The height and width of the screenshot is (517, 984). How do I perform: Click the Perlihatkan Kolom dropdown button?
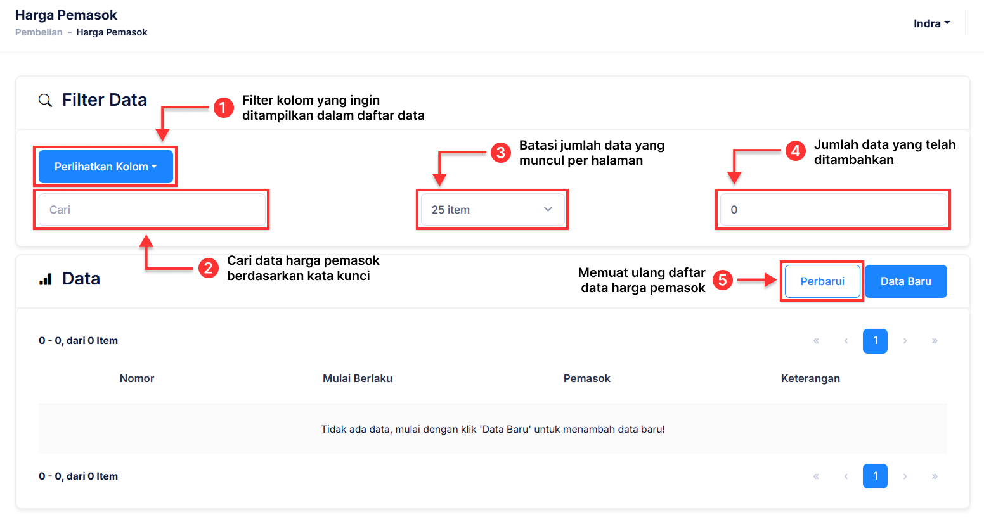click(105, 167)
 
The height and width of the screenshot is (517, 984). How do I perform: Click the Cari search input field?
click(152, 209)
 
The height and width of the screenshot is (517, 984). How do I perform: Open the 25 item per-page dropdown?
click(492, 209)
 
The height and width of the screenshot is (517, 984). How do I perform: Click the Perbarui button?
click(822, 281)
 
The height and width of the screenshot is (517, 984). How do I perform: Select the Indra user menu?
click(932, 23)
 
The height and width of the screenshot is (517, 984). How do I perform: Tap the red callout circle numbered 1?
click(224, 108)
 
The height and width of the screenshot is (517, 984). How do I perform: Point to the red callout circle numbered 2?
click(208, 268)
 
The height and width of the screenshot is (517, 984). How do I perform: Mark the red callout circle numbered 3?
click(500, 153)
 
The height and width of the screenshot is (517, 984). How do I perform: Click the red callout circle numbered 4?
click(795, 151)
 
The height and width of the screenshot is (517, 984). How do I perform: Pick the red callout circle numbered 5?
click(723, 280)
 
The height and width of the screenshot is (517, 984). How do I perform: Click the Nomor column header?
click(136, 378)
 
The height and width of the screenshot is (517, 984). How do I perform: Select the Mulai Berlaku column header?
click(358, 378)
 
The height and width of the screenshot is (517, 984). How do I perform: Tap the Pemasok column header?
click(587, 378)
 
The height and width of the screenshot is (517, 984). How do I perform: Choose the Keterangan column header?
click(810, 378)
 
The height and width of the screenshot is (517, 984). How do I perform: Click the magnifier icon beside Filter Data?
click(45, 101)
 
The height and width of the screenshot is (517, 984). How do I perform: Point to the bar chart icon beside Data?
click(45, 279)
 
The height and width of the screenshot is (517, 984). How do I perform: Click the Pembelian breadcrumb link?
click(39, 32)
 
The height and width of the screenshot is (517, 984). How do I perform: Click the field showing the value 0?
click(833, 209)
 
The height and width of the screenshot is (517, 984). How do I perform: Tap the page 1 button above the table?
click(875, 341)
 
